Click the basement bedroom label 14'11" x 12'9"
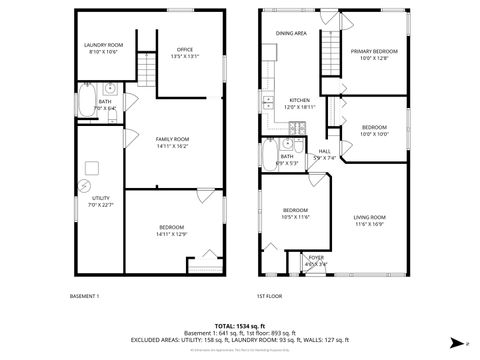[x=172, y=231]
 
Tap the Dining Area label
[x=291, y=33]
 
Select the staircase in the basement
[x=146, y=70]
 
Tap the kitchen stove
[x=297, y=127]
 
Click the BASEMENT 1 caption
[x=84, y=297]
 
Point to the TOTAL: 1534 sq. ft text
[x=240, y=327]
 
